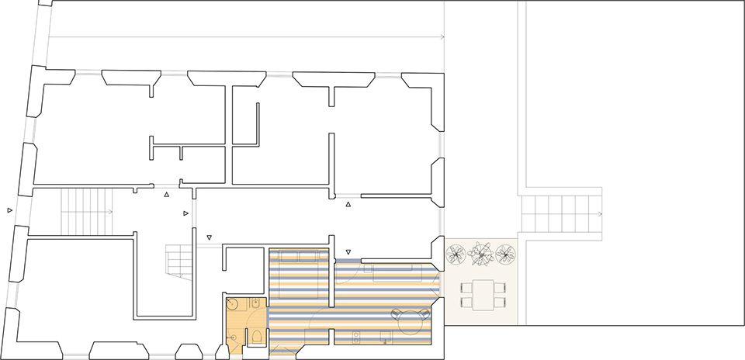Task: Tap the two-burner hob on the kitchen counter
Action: pos(357,337)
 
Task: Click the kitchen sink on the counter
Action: pos(385,337)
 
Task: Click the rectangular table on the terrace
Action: pos(483,294)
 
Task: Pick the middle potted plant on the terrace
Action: pos(482,253)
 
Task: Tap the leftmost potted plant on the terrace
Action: pos(456,253)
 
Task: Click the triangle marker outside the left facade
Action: pos(10,210)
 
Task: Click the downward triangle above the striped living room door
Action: pos(348,252)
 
